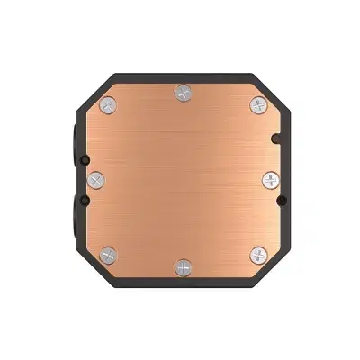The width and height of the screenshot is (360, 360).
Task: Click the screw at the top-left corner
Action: click(x=108, y=104)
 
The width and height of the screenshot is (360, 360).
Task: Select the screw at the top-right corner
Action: click(x=258, y=104)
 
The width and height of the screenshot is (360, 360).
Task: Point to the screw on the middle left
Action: click(x=96, y=180)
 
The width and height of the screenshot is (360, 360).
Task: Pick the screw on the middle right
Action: click(x=271, y=180)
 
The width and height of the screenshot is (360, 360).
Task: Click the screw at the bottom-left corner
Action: click(x=108, y=255)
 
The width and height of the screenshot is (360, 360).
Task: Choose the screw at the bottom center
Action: click(x=184, y=268)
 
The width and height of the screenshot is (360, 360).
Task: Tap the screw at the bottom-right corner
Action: click(x=258, y=255)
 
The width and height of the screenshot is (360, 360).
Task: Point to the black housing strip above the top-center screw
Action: click(x=184, y=76)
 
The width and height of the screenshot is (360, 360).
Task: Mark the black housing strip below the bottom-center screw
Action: click(x=184, y=283)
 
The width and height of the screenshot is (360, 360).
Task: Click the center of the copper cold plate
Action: click(x=184, y=180)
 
